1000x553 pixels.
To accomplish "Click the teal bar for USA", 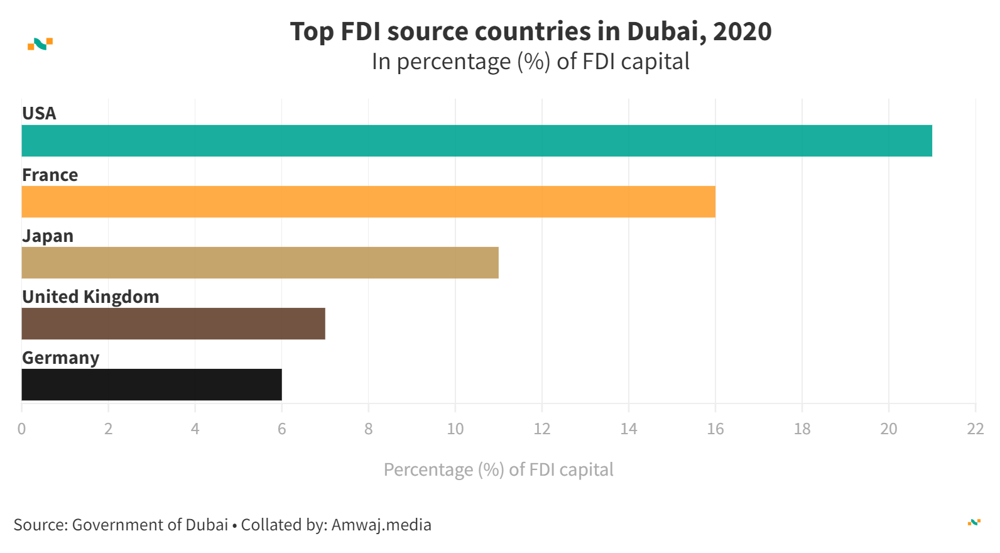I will pos(477,141).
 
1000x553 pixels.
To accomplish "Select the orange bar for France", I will pos(368,202).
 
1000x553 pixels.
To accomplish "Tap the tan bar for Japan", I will pos(260,263).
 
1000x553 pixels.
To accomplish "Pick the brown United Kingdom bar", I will pos(173,324).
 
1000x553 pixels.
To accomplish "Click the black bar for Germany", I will pos(151,385).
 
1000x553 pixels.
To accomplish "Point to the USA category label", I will pos(39,113).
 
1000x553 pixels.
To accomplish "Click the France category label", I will pos(50,175).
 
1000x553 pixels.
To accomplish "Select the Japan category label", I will pos(48,236).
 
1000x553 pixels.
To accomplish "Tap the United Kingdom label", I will pos(90,297).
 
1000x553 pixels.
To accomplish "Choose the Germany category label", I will pos(61,358).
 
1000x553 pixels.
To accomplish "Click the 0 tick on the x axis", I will pos(21,429).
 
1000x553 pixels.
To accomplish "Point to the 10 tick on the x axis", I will pos(455,429).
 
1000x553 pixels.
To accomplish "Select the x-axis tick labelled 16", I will pos(715,429).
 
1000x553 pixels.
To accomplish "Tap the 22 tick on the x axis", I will pos(975,429).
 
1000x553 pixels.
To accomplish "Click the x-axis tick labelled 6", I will pos(281,429).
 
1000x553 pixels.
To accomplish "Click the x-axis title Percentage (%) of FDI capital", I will pos(498,469).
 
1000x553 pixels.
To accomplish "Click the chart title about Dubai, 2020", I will pos(531,31).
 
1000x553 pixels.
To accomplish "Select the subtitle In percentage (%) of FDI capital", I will pos(531,62).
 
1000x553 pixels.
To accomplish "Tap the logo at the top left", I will pos(40,44).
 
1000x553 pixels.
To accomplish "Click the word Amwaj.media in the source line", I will pos(381,525).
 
